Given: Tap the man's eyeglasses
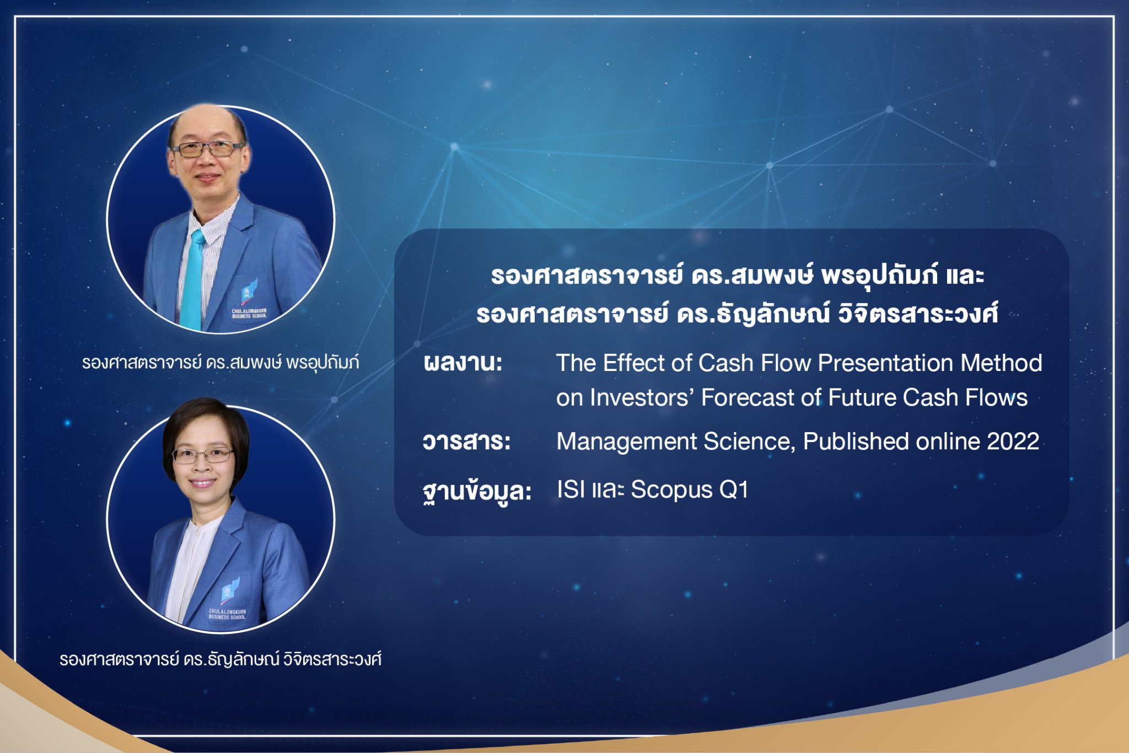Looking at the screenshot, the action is (x=207, y=149).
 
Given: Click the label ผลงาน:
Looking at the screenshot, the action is (x=463, y=363).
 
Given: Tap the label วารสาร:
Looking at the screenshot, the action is (x=466, y=442).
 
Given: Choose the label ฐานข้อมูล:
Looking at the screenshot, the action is (x=477, y=491).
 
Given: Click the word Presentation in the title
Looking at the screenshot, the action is (x=885, y=363).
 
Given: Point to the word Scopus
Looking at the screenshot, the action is (x=671, y=490).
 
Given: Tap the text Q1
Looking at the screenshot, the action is (x=734, y=490).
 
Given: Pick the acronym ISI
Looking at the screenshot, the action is (x=571, y=490).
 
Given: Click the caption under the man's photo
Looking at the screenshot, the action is (x=221, y=363).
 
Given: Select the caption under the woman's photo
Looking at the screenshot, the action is (x=221, y=659).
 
